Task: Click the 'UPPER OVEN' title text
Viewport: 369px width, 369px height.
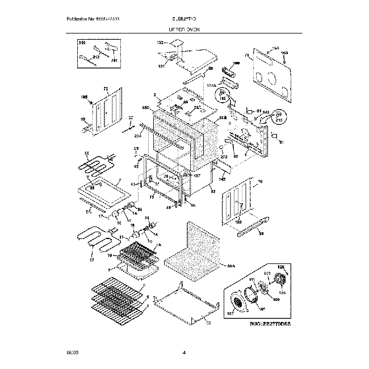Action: point(184,28)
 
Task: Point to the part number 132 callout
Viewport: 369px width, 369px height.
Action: point(160,43)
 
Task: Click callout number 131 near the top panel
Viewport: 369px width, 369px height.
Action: point(161,66)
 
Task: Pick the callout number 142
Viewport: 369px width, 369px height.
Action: point(223,179)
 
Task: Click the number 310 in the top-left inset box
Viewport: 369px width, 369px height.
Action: point(81,43)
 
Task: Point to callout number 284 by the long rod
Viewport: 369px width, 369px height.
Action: point(137,136)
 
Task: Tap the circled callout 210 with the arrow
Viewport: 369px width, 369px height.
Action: point(278,120)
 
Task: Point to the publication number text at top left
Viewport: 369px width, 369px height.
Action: point(93,19)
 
